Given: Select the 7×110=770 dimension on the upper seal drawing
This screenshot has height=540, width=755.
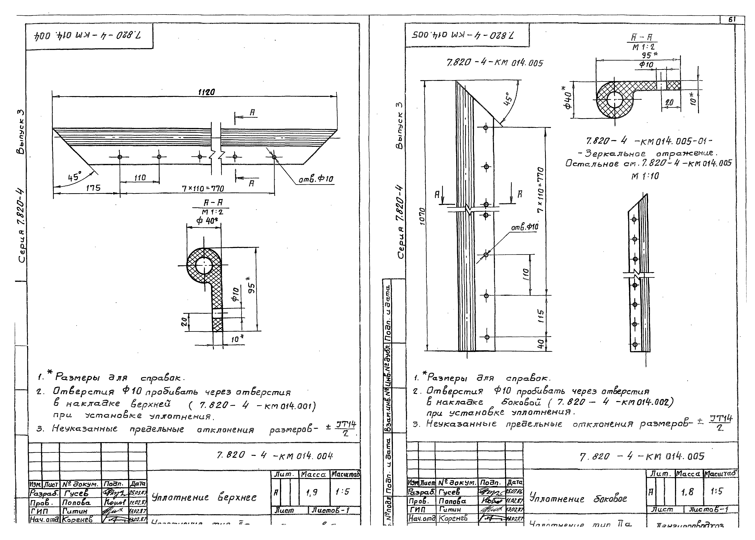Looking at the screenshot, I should pyautogui.click(x=203, y=188).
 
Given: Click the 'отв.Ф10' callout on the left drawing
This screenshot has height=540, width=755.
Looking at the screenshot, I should pyautogui.click(x=316, y=180).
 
